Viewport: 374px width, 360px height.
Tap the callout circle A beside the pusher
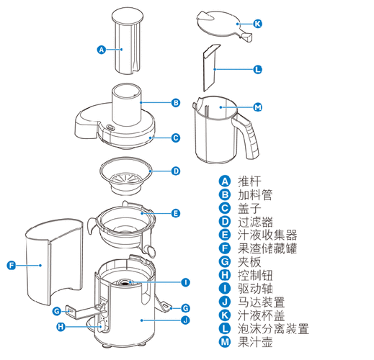pyautogui.click(x=102, y=50)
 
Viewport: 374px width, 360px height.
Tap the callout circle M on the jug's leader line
pyautogui.click(x=258, y=107)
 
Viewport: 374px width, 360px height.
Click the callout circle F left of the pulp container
pyautogui.click(x=11, y=266)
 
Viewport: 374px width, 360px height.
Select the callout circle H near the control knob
pyautogui.click(x=60, y=327)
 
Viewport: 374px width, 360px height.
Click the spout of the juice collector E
pyautogui.click(x=150, y=249)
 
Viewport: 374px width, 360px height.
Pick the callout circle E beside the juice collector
pyautogui.click(x=175, y=214)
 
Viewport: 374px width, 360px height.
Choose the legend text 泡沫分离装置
pyautogui.click(x=272, y=328)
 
